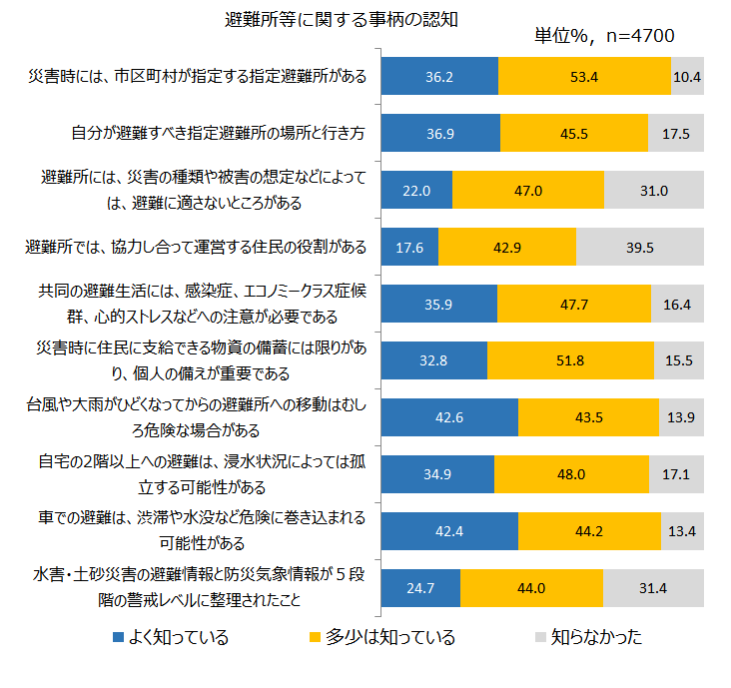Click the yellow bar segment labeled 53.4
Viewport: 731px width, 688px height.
pos(584,76)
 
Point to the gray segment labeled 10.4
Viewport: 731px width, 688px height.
pos(687,76)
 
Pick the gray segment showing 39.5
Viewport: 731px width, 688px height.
pos(639,247)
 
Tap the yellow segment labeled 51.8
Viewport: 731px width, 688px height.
pos(570,360)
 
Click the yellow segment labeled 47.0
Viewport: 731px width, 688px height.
pos(528,190)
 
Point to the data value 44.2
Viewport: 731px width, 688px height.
pos(589,531)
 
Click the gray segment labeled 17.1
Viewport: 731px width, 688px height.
pos(675,474)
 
